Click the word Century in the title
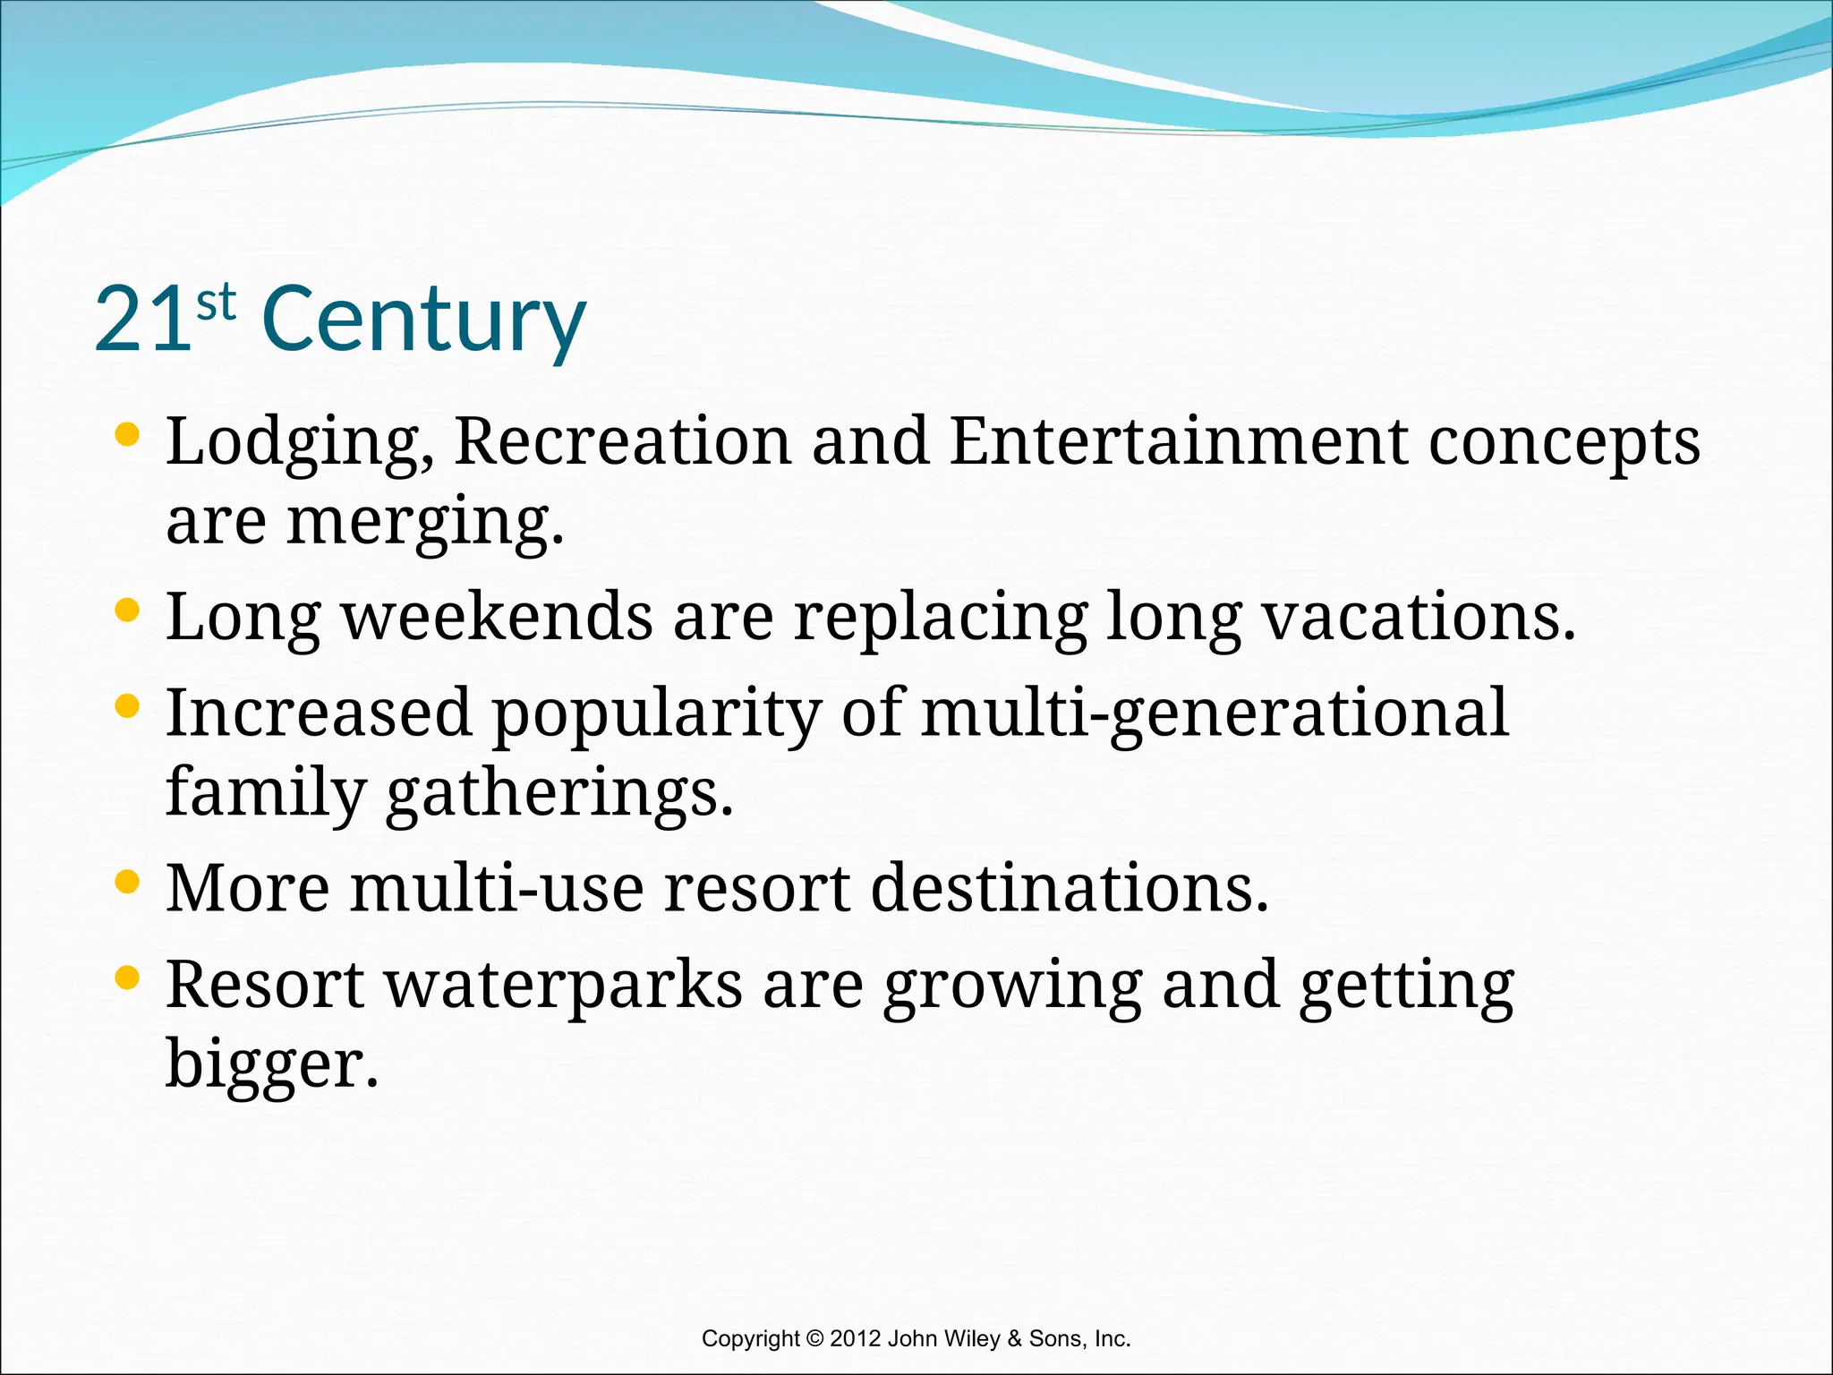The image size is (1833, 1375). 424,320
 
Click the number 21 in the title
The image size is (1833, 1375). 143,320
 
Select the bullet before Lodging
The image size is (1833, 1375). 128,435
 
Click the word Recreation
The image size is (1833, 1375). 623,441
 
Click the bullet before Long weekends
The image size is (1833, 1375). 128,611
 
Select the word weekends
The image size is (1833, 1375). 498,618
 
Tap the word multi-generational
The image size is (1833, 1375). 1215,714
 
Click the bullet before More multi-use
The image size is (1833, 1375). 128,883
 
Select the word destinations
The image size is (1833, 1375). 1070,889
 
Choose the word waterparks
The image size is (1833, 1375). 564,986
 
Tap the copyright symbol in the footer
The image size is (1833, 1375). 814,1339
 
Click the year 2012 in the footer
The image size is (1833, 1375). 856,1339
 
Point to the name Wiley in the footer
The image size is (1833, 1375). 971,1339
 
